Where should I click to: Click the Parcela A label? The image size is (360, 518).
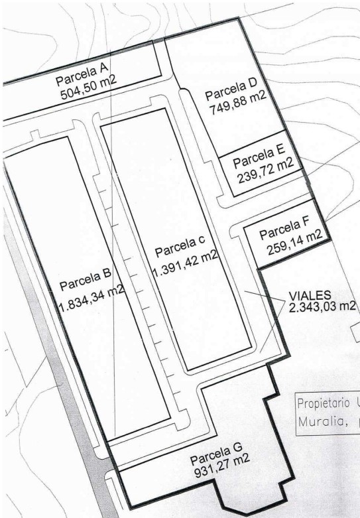(82, 75)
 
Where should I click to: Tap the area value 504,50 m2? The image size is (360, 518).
(89, 88)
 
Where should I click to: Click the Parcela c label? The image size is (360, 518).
(180, 246)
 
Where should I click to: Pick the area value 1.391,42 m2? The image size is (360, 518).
(185, 263)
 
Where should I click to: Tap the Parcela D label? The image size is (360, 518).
(231, 89)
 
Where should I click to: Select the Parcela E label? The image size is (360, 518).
(259, 157)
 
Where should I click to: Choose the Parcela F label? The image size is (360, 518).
(284, 229)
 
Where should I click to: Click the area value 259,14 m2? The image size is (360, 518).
(294, 243)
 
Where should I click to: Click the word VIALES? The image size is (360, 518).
(310, 295)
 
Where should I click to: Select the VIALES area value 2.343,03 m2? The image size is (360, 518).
(322, 306)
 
